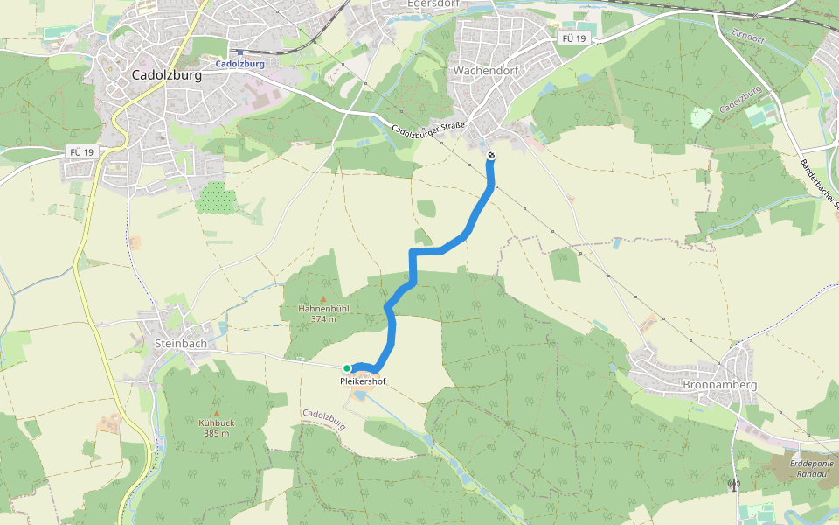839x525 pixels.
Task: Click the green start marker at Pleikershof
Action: point(347,368)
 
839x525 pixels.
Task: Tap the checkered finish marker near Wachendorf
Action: point(491,156)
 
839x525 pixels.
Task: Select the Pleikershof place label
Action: point(363,381)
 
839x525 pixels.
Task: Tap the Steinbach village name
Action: point(180,344)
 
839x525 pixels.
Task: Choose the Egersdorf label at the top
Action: point(433,4)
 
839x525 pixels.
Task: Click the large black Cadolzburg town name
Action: point(166,75)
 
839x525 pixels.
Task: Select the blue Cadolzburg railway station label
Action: point(239,64)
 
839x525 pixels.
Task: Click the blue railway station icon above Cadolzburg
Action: point(239,52)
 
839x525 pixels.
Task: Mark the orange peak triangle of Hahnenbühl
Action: point(322,299)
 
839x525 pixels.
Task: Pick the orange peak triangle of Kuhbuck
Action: point(217,413)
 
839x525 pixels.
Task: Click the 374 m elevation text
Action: point(323,319)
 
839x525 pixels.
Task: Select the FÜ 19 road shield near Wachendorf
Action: point(573,39)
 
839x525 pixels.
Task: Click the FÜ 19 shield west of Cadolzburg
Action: point(81,151)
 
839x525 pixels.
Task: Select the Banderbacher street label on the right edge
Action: point(819,185)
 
